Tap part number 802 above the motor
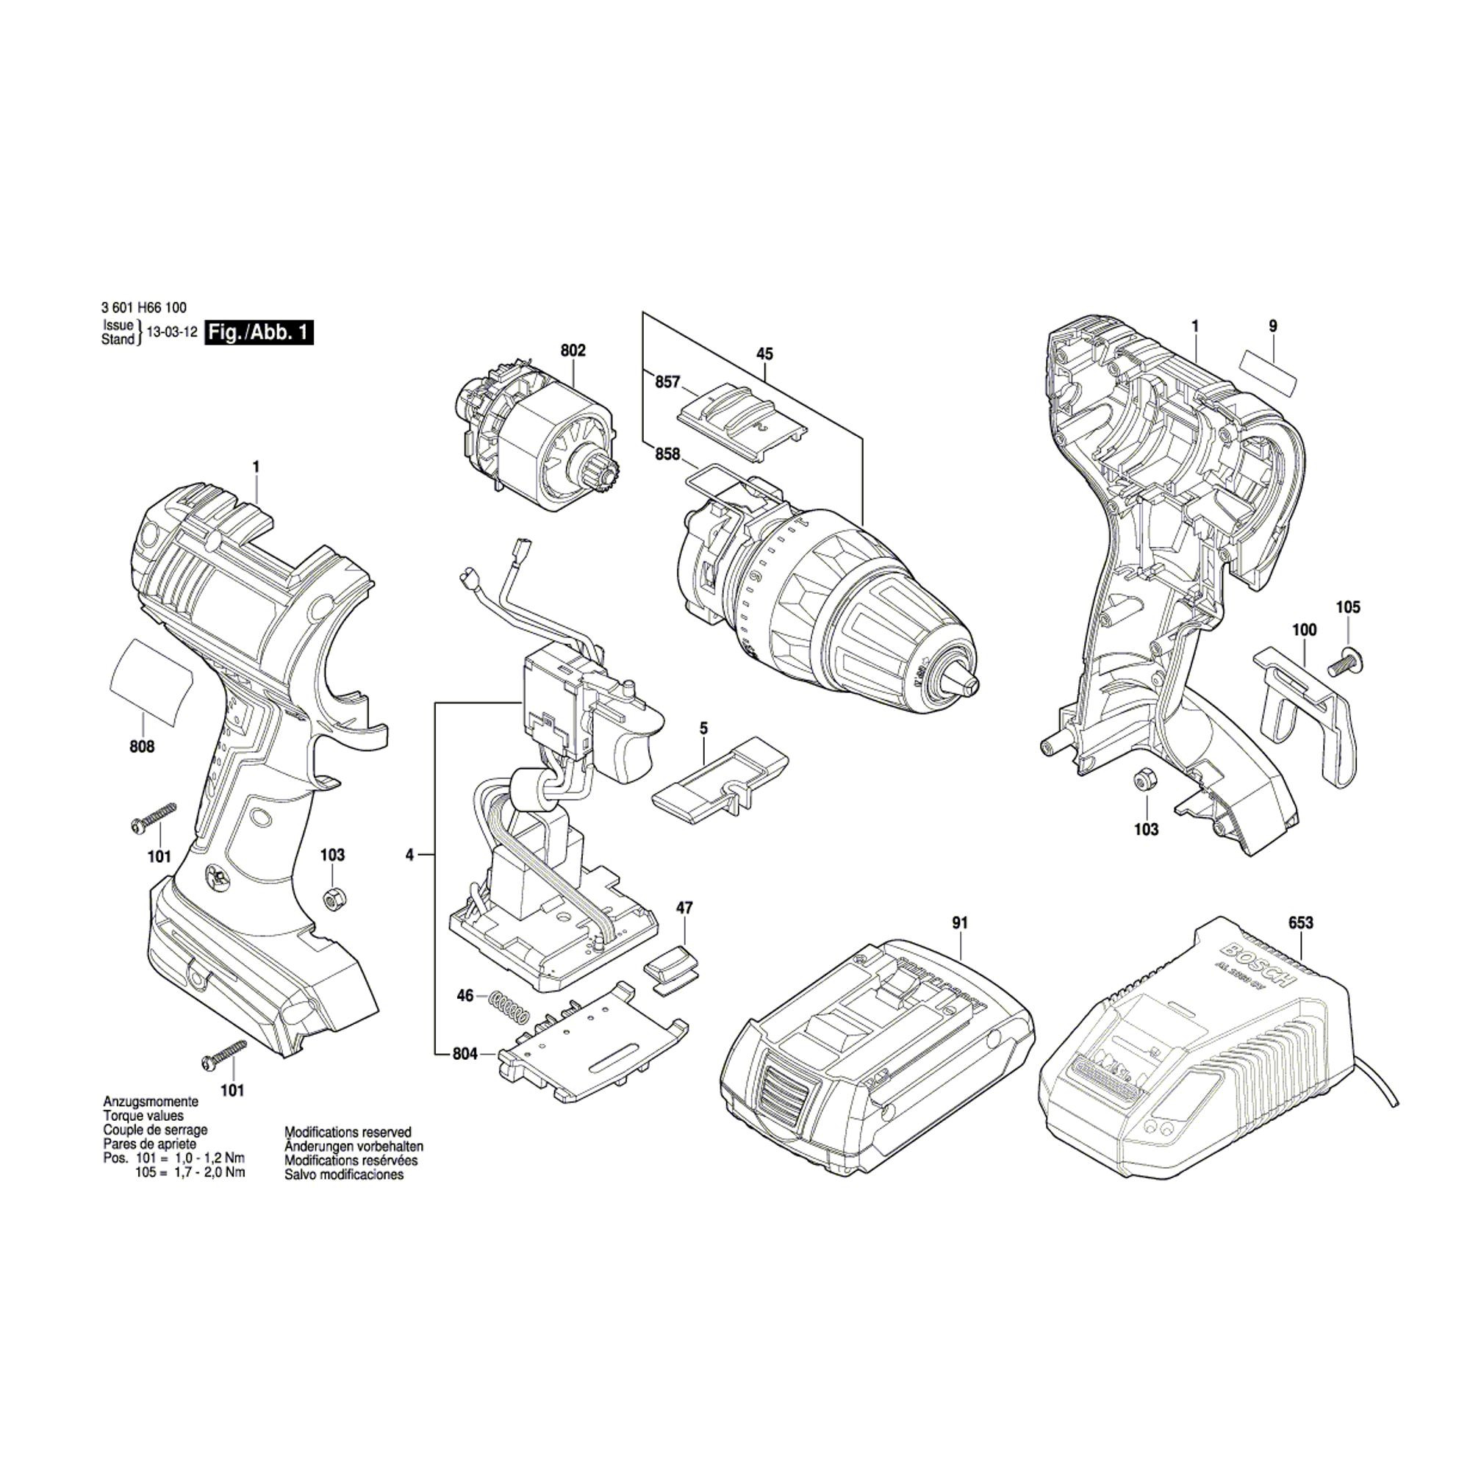point(573,351)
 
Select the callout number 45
point(764,354)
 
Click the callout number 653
point(1300,923)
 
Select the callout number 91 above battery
point(959,923)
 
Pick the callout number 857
point(667,382)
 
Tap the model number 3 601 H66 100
point(143,308)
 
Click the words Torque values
point(143,1116)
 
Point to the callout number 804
point(464,1054)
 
